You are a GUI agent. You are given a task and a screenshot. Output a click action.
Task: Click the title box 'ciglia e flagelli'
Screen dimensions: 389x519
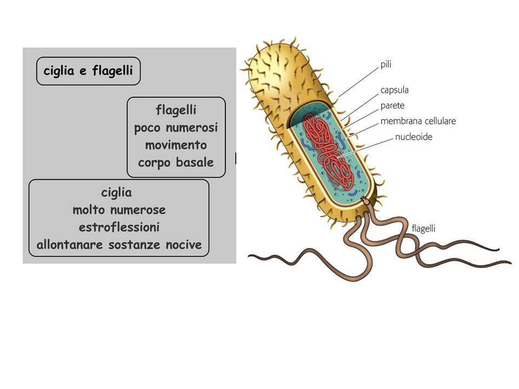[88, 71]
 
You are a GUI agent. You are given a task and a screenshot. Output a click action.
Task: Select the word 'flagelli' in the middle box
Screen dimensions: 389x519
[176, 111]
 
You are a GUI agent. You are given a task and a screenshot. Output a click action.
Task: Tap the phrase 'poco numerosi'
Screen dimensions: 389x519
[176, 128]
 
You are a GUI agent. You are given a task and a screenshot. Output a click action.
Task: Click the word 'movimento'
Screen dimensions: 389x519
[176, 145]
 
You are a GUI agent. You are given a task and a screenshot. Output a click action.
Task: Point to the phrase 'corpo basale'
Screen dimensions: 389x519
[176, 163]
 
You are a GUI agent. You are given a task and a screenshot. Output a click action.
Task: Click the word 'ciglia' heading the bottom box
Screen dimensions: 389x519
[116, 192]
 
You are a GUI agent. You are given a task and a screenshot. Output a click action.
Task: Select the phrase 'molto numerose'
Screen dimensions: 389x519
[119, 210]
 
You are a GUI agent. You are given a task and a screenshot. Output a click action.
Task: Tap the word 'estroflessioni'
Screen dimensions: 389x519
[119, 227]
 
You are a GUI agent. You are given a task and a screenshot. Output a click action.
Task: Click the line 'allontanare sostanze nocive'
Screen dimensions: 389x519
[119, 245]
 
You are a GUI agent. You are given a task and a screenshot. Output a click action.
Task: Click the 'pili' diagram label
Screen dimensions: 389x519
[385, 64]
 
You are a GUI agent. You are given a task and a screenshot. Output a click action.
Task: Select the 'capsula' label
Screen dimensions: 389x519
[394, 90]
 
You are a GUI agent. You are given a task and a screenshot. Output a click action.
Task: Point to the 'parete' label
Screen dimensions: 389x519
[392, 106]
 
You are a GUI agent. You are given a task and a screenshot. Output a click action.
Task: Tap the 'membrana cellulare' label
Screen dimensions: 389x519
[417, 121]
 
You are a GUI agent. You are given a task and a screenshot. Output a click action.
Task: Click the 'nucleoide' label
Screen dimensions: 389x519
[414, 137]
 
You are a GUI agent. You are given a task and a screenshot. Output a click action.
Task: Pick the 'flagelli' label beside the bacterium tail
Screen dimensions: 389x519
[423, 229]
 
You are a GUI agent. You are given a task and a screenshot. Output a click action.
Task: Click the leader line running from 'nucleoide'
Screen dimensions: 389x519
[368, 146]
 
